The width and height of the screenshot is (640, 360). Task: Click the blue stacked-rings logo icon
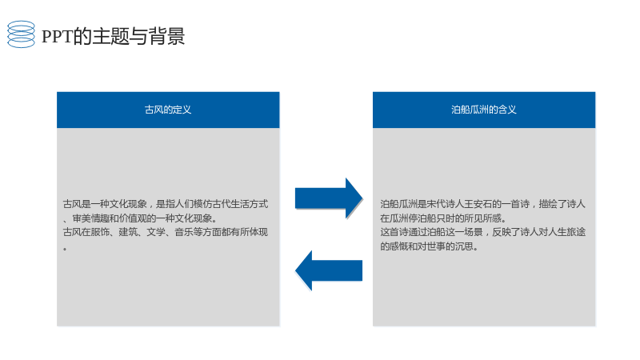[21, 34]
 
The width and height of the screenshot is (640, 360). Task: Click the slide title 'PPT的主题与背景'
[114, 36]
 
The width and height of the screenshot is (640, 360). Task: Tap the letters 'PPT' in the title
[57, 36]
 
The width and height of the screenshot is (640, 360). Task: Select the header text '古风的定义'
[168, 110]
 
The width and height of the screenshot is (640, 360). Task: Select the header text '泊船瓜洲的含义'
[484, 110]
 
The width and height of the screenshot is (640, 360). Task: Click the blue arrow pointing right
[329, 198]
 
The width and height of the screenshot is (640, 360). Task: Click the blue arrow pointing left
[329, 270]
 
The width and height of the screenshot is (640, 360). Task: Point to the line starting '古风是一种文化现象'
[166, 204]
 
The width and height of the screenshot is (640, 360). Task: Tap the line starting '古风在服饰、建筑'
[166, 232]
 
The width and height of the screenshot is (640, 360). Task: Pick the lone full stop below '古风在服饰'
[65, 248]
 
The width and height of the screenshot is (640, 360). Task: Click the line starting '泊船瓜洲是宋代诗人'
[482, 204]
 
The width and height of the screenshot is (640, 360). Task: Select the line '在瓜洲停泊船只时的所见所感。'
[443, 218]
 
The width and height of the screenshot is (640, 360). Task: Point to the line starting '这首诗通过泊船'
[483, 232]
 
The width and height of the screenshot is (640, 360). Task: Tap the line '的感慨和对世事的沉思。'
[430, 246]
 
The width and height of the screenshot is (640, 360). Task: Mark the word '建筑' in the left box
[128, 232]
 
